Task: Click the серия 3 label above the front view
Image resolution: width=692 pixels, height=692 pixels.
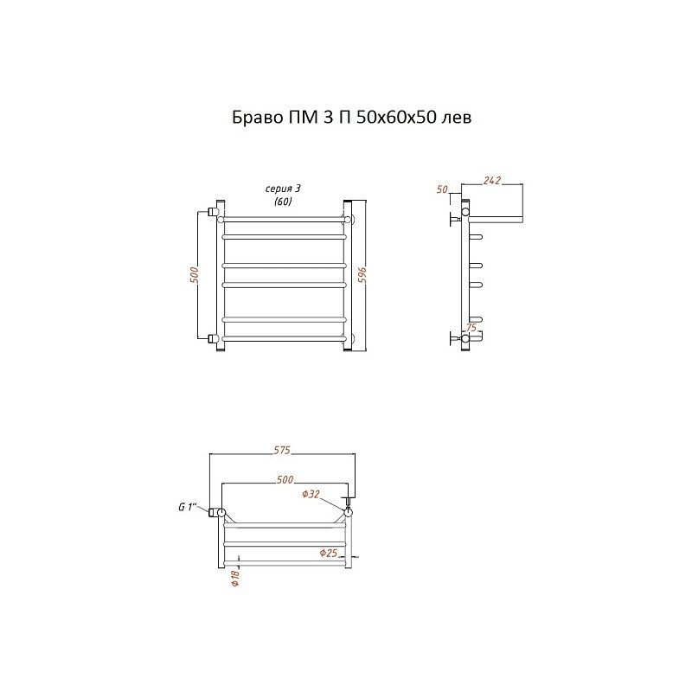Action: point(283,189)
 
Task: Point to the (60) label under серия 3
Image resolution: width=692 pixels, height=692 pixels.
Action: point(283,202)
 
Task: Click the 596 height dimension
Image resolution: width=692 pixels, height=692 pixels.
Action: point(362,276)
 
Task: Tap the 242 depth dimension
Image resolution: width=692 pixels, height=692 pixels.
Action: point(492,180)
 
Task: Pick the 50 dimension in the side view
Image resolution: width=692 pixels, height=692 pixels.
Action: point(442,189)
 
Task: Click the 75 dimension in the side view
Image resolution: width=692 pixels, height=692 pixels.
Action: point(471,328)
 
